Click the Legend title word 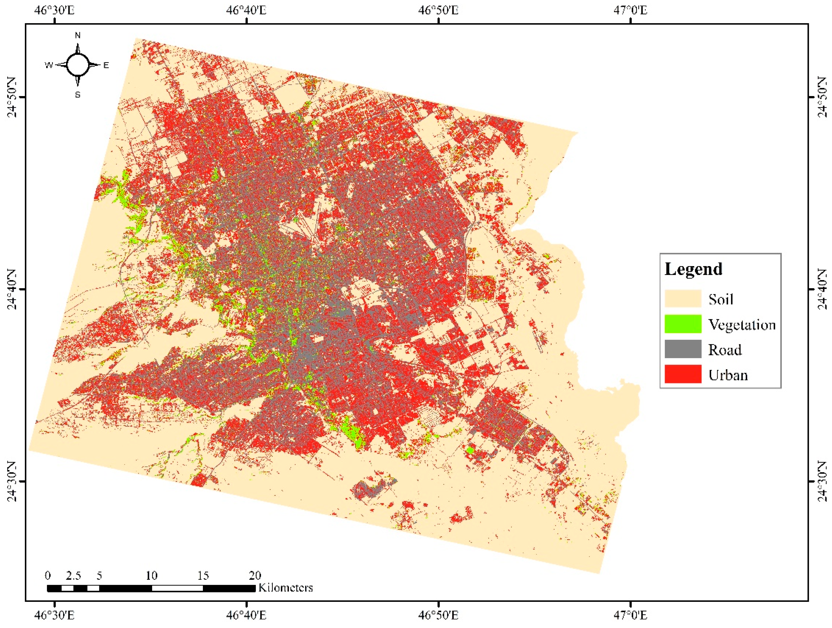pos(693,269)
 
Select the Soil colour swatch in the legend pos(683,299)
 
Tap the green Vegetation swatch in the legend pos(683,324)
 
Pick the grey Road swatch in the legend pos(683,349)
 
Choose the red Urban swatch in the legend pos(683,374)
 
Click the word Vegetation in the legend pos(742,325)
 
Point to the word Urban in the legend pos(728,375)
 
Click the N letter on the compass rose pos(78,35)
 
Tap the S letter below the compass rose pos(78,95)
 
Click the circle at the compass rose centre pos(78,65)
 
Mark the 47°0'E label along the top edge pos(630,10)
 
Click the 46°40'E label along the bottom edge pos(246,615)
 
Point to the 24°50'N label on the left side pos(12,97)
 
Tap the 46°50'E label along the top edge pos(438,10)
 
